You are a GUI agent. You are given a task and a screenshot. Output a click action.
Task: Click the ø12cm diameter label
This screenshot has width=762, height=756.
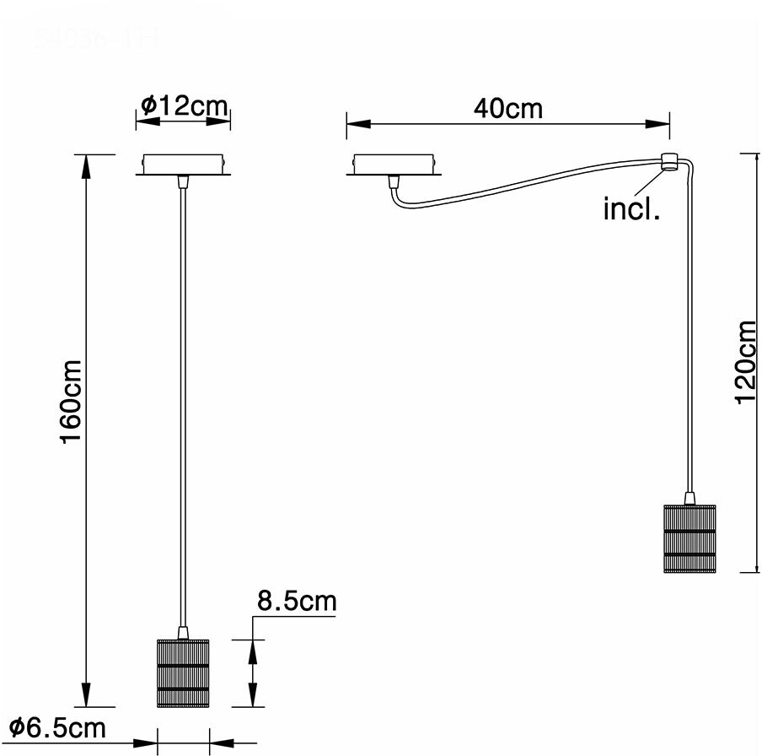[184, 106]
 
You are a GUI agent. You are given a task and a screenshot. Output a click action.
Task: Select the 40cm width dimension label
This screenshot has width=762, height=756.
[507, 109]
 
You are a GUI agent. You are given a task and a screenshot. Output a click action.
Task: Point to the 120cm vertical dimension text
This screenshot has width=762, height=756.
[746, 361]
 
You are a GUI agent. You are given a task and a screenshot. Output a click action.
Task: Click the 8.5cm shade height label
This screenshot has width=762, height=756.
[296, 602]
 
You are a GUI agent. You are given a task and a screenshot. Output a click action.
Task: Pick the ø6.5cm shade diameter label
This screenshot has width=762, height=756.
[57, 727]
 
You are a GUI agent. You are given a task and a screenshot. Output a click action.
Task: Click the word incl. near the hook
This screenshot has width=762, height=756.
[631, 208]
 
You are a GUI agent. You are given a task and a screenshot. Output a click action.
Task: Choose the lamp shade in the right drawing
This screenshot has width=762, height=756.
[690, 537]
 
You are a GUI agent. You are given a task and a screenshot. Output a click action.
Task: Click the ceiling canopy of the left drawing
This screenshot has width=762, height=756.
[183, 165]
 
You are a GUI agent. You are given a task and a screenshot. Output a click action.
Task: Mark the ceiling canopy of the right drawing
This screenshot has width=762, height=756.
[392, 165]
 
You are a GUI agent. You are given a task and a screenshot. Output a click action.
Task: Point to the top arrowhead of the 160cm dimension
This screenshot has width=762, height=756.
[85, 165]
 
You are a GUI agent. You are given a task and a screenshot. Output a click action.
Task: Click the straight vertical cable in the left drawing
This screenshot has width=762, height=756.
[182, 405]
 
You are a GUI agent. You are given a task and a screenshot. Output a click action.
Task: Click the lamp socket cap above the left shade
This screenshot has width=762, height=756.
[182, 632]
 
